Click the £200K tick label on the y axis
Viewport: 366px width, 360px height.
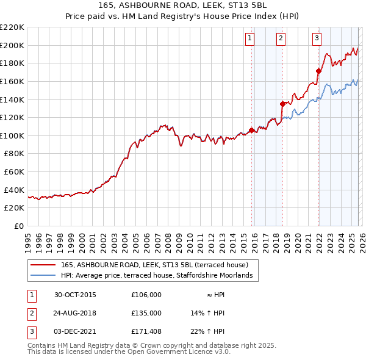12,45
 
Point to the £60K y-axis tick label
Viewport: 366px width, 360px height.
14,172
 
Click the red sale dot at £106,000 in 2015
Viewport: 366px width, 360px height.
251,130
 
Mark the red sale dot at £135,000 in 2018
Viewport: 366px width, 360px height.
282,104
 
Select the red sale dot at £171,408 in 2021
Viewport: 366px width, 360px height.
318,71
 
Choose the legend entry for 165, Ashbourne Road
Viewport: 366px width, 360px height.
154,265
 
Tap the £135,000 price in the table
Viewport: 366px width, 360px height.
146,313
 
